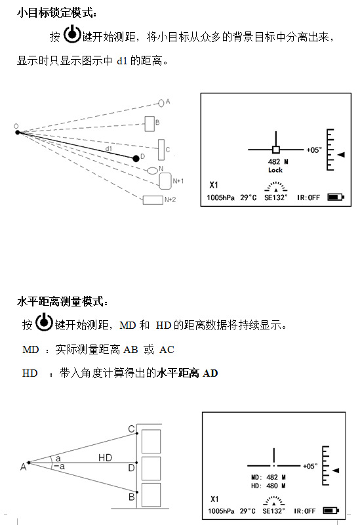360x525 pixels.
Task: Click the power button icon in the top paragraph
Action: (x=72, y=34)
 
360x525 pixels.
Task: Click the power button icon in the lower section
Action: (x=44, y=322)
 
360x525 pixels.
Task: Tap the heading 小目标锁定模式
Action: (x=57, y=12)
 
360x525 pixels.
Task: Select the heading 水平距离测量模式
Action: (x=62, y=301)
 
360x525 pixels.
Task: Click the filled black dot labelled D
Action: (x=136, y=158)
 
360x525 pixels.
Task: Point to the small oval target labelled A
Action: (x=161, y=103)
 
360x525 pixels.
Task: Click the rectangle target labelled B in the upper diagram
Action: (x=150, y=124)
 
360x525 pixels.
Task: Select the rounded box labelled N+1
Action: (x=165, y=181)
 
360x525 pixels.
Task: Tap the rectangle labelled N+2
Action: (x=153, y=200)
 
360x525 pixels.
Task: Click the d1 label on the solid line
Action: (x=109, y=148)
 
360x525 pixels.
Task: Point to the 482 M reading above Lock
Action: (x=278, y=161)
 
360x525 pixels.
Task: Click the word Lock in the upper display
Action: (x=275, y=170)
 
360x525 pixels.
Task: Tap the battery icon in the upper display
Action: (x=336, y=197)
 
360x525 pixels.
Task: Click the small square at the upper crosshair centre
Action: (x=276, y=150)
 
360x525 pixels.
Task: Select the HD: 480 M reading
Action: (x=268, y=486)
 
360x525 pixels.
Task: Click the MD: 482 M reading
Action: (x=268, y=477)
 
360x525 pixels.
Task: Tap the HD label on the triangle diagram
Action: (x=105, y=457)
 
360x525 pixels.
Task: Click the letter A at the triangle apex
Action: (x=23, y=467)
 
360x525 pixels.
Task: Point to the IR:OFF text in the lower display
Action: (x=304, y=511)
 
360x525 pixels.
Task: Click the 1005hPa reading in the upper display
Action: (x=220, y=198)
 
